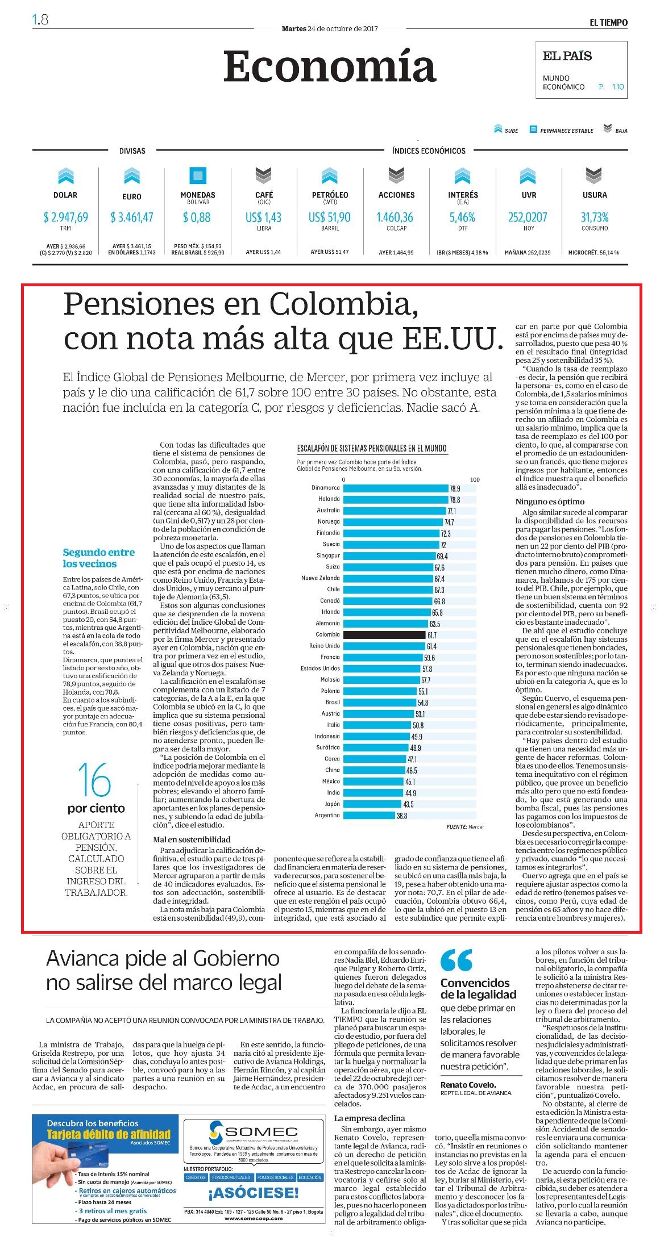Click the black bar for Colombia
click(385, 634)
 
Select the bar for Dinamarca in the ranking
click(396, 488)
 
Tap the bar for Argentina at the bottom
click(370, 815)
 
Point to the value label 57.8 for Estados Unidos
click(427, 668)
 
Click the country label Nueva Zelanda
click(321, 578)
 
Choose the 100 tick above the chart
click(475, 479)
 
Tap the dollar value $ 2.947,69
click(65, 217)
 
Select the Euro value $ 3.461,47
click(132, 217)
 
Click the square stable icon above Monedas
click(198, 176)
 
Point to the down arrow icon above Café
click(264, 176)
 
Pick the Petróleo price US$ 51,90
click(330, 217)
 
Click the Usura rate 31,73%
click(595, 217)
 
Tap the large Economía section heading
click(330, 66)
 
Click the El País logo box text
click(567, 56)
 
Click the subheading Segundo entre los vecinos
click(99, 558)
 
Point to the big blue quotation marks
click(456, 960)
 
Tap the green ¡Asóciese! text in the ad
click(253, 1193)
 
